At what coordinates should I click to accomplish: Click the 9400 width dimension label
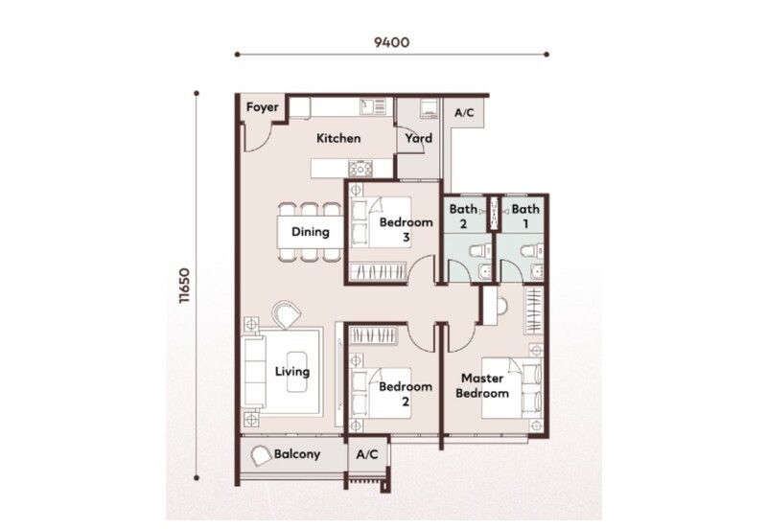(391, 42)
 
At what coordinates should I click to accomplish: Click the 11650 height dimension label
(184, 286)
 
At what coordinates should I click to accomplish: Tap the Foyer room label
(262, 107)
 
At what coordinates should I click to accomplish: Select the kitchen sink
(373, 106)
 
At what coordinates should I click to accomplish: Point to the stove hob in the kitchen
(360, 169)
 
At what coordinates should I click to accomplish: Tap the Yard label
(419, 138)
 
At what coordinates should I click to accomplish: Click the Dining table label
(310, 231)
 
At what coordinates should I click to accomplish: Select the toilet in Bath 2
(478, 250)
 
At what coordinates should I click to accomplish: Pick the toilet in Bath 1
(531, 250)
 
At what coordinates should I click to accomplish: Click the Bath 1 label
(525, 216)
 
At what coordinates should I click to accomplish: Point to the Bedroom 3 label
(406, 230)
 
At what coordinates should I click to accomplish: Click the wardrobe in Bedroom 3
(379, 271)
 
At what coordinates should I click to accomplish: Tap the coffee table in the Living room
(298, 371)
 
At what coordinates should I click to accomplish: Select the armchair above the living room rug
(286, 314)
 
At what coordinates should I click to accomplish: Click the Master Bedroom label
(482, 385)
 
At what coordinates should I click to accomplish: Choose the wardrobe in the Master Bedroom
(533, 310)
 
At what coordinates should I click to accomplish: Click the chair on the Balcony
(261, 456)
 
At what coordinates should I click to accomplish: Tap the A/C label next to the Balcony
(367, 454)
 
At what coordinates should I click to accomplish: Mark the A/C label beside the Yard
(464, 113)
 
